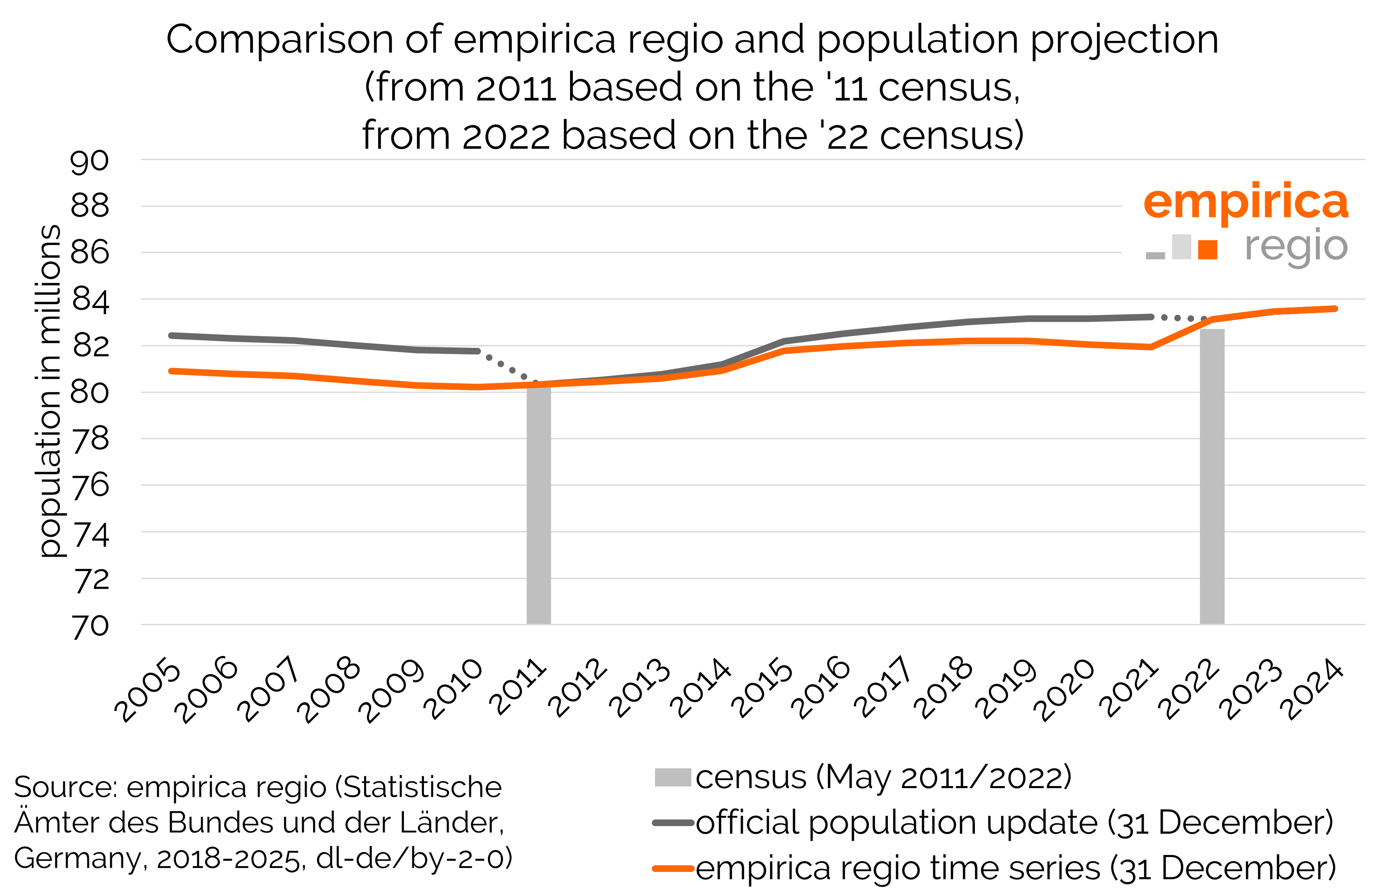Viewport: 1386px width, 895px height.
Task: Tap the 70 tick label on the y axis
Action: pos(90,626)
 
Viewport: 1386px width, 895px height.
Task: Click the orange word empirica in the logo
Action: pos(1245,202)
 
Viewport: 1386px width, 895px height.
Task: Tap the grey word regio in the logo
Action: pos(1295,247)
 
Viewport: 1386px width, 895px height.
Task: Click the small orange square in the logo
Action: pos(1208,249)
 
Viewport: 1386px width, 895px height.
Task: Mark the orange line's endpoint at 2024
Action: pos(1335,309)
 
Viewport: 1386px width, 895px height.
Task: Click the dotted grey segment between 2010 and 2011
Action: pos(508,366)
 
